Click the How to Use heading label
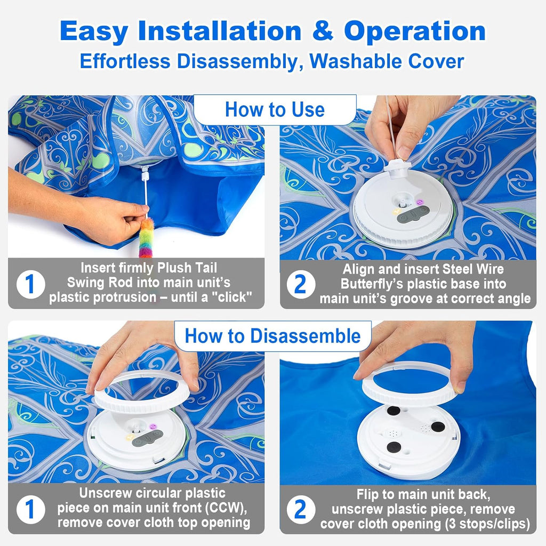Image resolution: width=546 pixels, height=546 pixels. pos(275,110)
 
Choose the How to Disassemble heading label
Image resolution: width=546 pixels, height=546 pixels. pos(272,336)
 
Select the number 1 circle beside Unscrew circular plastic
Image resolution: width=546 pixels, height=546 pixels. pos(30,510)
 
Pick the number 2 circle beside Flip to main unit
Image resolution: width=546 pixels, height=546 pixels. pos(300,510)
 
